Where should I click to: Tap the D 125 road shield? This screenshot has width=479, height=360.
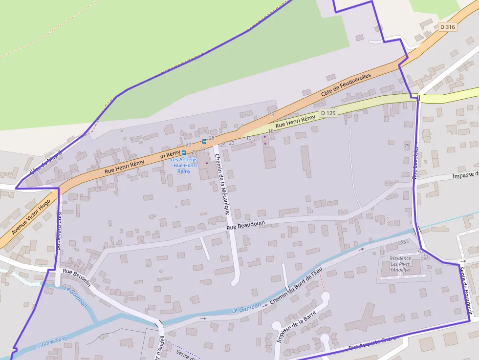328,113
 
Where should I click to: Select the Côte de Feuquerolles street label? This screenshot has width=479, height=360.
346,85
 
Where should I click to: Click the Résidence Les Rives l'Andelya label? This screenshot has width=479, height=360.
400,263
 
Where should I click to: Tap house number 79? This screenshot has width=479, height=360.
407,146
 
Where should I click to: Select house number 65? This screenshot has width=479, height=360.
403,242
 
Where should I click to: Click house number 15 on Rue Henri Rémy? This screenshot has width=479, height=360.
271,131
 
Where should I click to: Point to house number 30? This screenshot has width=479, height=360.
188,145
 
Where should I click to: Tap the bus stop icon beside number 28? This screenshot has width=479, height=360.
204,141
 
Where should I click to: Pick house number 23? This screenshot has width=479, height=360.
232,143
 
